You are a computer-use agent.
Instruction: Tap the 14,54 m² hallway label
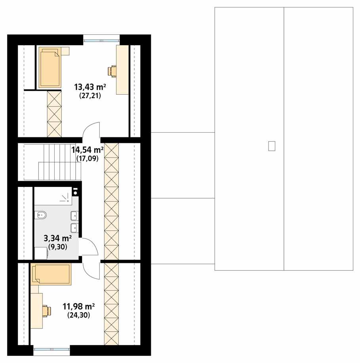click(x=88, y=150)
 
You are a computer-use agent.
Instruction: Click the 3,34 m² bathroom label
click(x=57, y=238)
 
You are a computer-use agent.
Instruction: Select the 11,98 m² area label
click(x=79, y=306)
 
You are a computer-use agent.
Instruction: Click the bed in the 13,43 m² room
click(x=50, y=67)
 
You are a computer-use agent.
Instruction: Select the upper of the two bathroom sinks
click(x=74, y=216)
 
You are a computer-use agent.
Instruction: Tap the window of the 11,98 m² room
click(x=51, y=348)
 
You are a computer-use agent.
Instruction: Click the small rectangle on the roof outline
click(x=271, y=146)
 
